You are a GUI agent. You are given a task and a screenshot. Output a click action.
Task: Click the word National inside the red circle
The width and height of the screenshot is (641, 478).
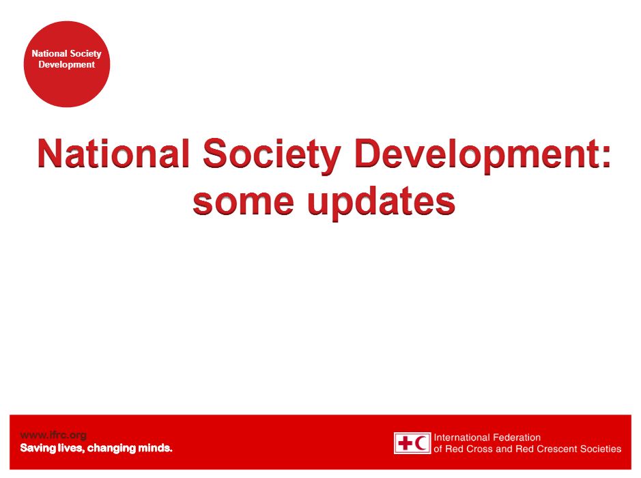tap(49, 53)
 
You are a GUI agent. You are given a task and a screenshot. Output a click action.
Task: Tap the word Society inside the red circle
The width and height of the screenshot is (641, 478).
tap(85, 54)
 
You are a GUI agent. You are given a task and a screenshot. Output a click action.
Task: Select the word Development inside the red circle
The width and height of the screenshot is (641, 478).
tap(67, 65)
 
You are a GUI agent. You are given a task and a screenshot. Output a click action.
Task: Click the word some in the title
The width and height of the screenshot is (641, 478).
tap(243, 202)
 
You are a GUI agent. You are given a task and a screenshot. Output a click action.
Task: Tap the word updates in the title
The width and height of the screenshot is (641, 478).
tap(381, 203)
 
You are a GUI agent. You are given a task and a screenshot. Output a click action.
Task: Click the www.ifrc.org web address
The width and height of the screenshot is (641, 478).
tap(53, 435)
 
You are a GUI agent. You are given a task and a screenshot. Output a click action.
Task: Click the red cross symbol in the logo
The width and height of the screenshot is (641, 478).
tap(405, 443)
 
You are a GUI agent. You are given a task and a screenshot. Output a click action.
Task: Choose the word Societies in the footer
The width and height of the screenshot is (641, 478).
tap(601, 449)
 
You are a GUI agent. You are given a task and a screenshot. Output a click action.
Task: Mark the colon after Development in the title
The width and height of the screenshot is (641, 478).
tap(606, 156)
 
